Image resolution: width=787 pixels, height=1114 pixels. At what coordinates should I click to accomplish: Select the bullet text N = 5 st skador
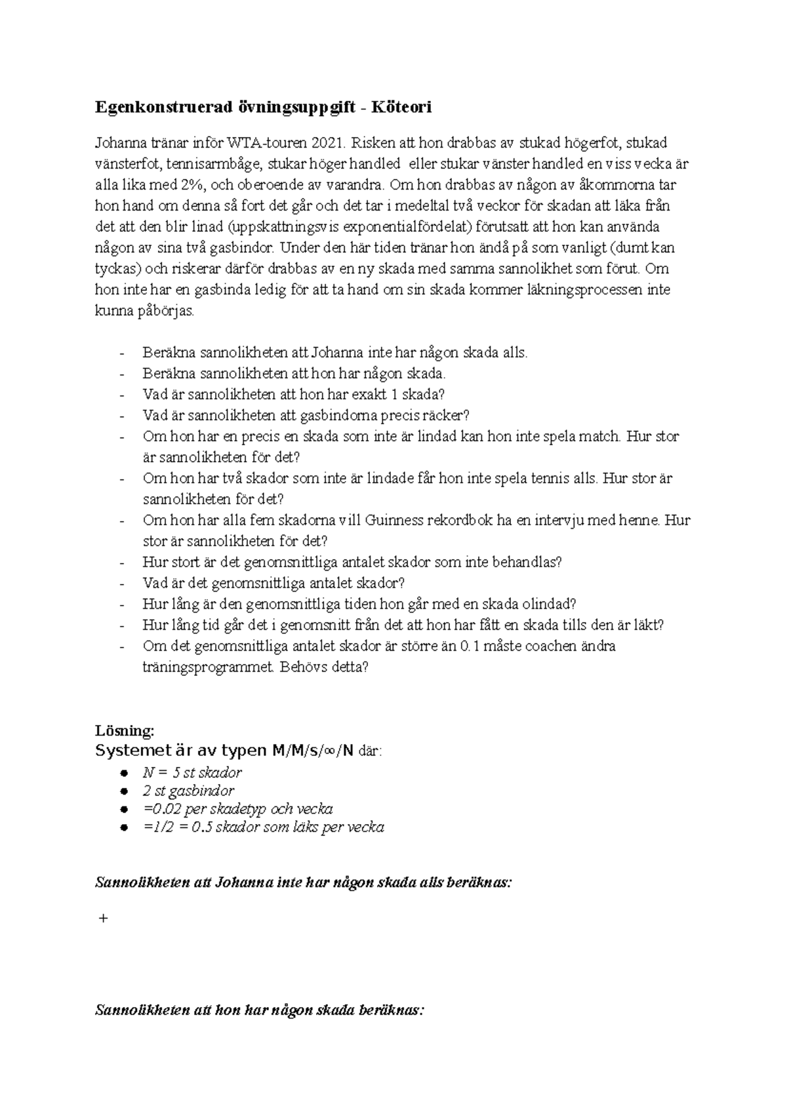pos(192,772)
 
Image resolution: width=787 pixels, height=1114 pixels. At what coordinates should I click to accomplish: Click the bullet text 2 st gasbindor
pos(188,791)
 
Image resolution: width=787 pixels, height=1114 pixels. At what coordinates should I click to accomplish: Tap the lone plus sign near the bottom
pos(102,918)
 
